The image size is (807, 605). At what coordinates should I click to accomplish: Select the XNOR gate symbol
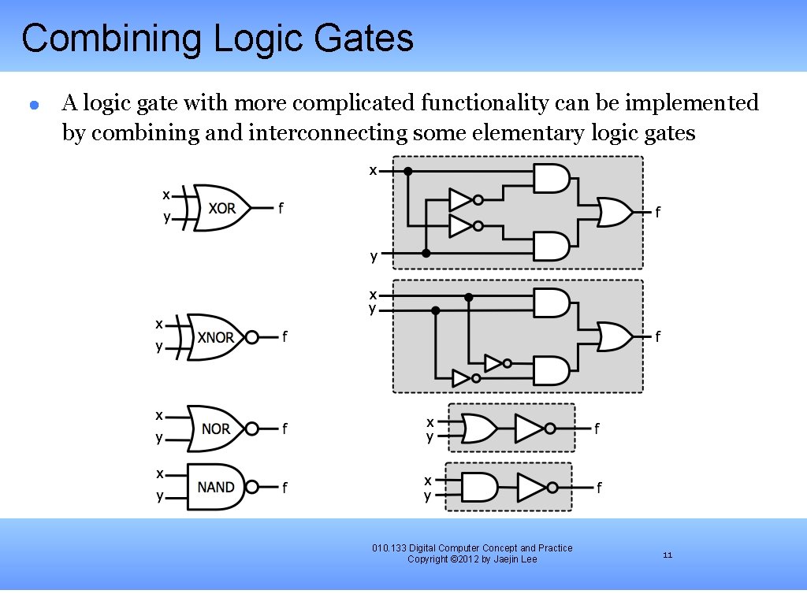coord(214,337)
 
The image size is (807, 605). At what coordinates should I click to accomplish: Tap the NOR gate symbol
coord(215,429)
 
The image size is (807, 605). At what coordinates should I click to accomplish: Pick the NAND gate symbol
coord(215,487)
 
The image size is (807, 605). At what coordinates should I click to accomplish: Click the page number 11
coord(668,555)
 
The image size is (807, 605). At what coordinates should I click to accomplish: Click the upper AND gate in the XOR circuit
coord(551,179)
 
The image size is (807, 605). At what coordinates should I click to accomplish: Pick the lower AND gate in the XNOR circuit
coord(551,370)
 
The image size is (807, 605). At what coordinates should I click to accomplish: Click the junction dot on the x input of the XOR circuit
coord(407,170)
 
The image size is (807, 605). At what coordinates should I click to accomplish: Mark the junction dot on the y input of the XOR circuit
coord(426,253)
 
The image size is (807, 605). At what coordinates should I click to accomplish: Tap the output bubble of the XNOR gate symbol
coord(251,337)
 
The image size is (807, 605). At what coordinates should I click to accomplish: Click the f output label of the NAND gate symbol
coord(284,488)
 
